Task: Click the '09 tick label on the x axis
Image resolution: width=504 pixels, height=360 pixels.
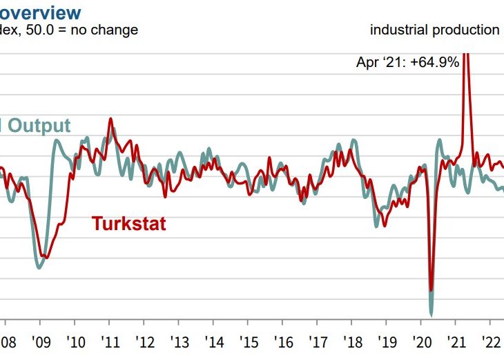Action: tap(40, 342)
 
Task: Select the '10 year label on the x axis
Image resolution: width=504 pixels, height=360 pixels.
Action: tap(75, 342)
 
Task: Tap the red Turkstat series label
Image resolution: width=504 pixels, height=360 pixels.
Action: tap(128, 224)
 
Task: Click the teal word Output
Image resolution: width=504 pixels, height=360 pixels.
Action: tap(39, 126)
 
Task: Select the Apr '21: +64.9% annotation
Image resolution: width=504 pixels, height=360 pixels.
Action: tap(407, 62)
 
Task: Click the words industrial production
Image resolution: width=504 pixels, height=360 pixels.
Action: tap(434, 30)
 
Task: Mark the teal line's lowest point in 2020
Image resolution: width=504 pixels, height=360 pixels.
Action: tap(432, 311)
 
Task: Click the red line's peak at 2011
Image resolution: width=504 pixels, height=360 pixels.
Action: tap(110, 119)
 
